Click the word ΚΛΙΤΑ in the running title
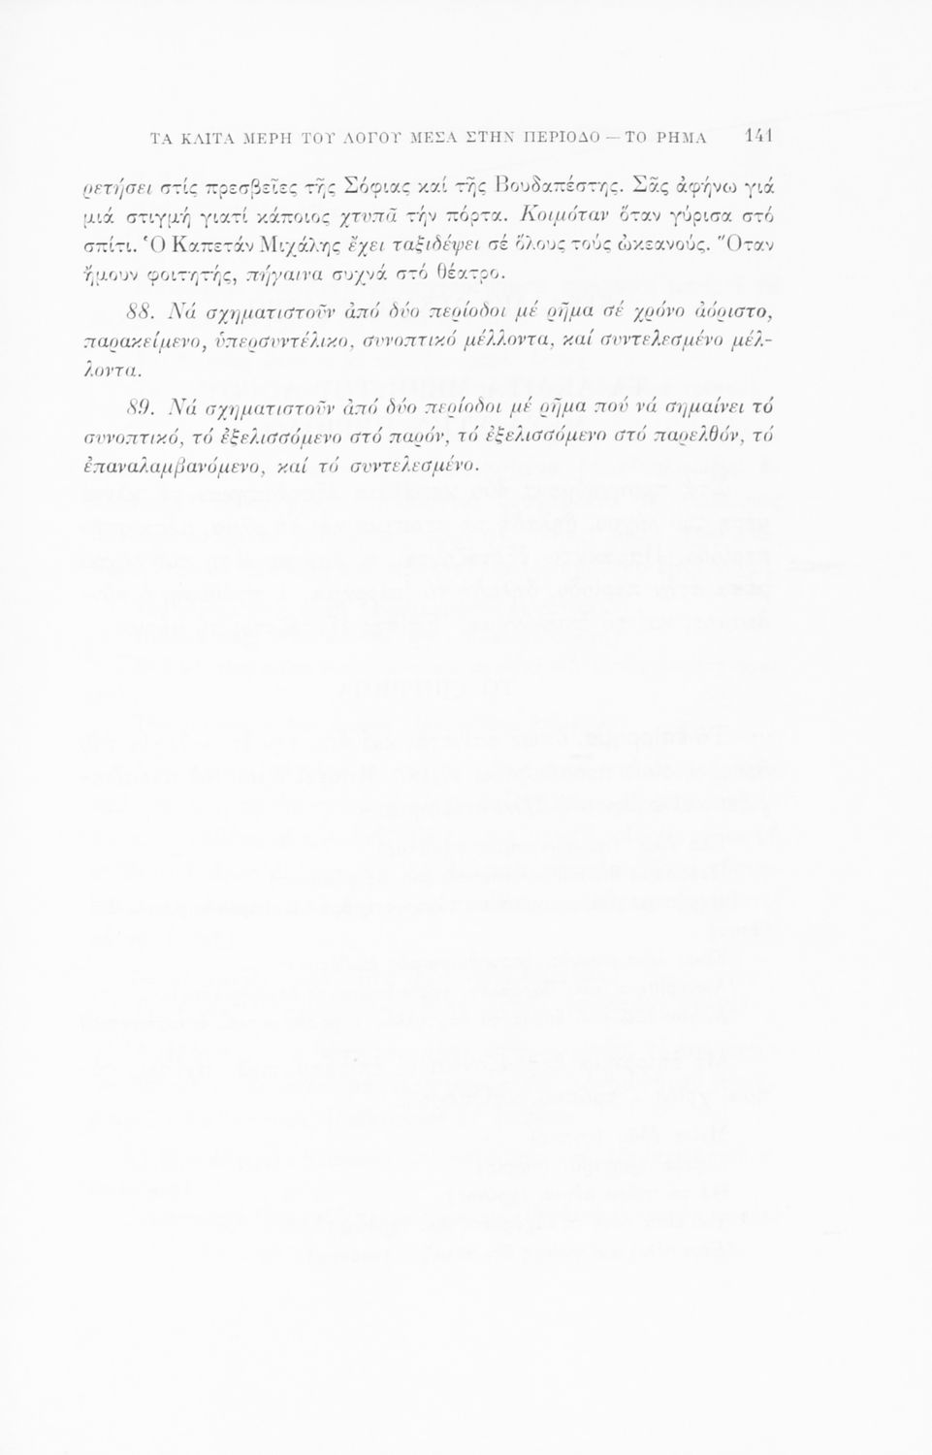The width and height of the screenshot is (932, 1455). click(x=200, y=137)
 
